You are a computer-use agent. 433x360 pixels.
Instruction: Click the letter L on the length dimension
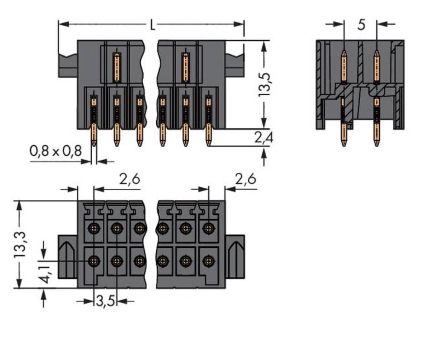coord(152,25)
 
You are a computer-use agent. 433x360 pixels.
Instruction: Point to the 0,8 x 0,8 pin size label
coord(55,151)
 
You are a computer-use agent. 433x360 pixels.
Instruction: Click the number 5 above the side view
coord(361,25)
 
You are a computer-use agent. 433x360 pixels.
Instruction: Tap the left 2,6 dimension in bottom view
coord(129,178)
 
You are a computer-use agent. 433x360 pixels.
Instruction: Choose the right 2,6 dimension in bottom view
coord(246,178)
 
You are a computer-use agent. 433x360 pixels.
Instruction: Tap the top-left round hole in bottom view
coord(94,228)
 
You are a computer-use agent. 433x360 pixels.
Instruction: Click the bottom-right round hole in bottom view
coord(209,261)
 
